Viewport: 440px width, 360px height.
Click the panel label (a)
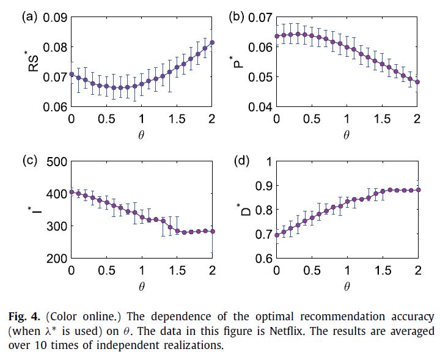coord(31,17)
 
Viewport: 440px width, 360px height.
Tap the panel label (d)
coord(243,161)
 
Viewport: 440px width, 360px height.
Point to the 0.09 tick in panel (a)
coord(54,17)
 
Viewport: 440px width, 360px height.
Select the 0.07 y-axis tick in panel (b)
coord(258,17)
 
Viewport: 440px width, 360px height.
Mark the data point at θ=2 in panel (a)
coord(212,43)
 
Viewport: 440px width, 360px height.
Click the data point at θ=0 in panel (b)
coord(276,36)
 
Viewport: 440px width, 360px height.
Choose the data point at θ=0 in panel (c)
coord(71,192)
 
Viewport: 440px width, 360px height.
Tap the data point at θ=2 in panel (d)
coord(418,190)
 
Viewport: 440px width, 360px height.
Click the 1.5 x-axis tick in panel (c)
coord(177,270)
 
